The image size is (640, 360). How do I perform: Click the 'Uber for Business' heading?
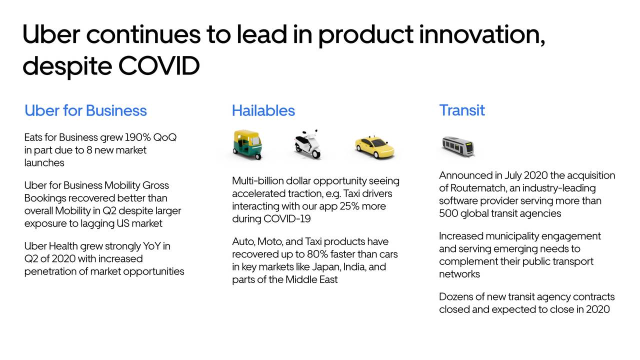(x=85, y=110)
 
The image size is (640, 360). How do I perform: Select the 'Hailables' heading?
(x=263, y=110)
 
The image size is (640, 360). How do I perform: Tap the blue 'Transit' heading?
(x=461, y=110)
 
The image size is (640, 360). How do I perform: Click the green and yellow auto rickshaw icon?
(x=247, y=144)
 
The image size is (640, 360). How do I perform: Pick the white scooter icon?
(x=307, y=144)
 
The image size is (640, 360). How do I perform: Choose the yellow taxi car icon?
(x=374, y=146)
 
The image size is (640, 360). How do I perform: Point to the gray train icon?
(x=457, y=146)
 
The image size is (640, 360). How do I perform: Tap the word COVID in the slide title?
(x=159, y=65)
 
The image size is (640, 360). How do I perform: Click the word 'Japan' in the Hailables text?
(x=325, y=266)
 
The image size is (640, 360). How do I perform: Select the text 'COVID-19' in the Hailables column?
(x=287, y=219)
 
